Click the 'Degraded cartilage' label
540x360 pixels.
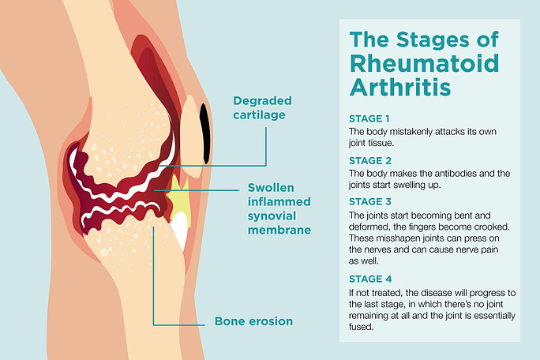coord(262,108)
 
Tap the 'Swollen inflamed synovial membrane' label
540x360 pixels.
coord(279,208)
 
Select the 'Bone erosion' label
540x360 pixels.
coord(253,321)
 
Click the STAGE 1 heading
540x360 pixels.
coord(369,118)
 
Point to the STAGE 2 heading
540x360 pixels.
coord(370,160)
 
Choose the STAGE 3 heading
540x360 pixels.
coord(370,201)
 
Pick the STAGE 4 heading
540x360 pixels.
coord(370,279)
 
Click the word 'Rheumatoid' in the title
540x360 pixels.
coord(424,63)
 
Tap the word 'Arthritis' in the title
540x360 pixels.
coord(400,87)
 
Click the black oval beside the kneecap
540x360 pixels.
coord(205,133)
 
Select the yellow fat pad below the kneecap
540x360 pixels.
coord(178,199)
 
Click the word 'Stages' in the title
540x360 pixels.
coord(433,39)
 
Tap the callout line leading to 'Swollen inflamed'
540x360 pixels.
coord(197,189)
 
